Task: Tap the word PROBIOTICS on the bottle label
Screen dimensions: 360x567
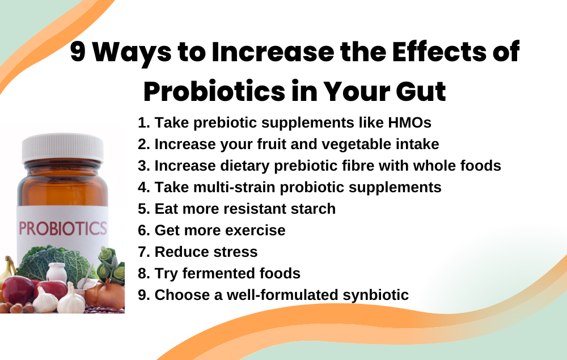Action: [63, 229]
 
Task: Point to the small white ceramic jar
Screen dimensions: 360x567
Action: [57, 273]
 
